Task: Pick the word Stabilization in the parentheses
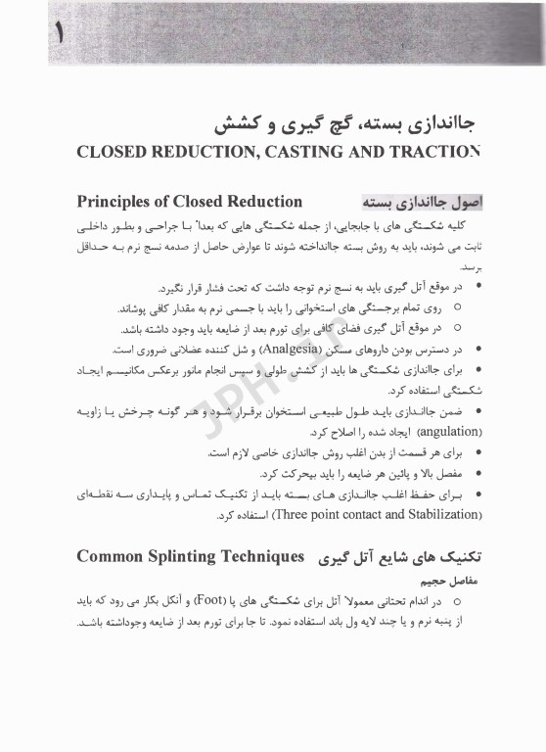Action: (x=439, y=514)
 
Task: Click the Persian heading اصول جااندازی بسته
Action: (x=408, y=203)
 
